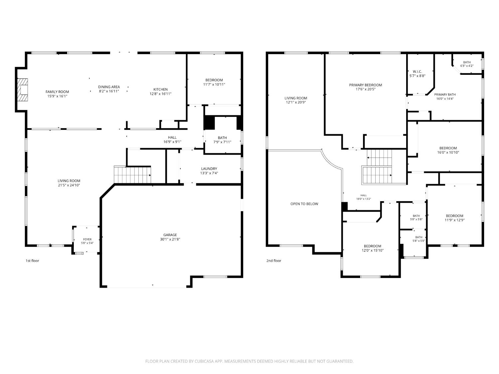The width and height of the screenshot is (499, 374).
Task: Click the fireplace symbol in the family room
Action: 23,90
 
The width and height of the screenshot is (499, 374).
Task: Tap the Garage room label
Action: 170,235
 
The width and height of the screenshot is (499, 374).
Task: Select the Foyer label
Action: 87,239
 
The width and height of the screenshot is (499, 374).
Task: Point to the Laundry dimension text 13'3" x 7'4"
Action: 209,173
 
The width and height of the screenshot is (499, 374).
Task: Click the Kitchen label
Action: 160,89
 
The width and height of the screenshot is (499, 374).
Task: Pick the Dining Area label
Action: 109,87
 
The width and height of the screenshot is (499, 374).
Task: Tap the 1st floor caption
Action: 32,261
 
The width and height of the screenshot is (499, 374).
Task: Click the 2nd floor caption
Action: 274,261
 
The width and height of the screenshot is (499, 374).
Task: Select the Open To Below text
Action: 304,204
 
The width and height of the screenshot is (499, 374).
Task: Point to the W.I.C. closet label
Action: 417,71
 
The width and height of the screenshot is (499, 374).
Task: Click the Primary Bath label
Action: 445,94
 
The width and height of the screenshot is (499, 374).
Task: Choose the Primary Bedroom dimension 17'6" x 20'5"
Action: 366,89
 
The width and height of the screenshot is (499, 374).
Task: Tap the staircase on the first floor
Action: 132,175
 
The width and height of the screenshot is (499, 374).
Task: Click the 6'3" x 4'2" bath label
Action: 467,66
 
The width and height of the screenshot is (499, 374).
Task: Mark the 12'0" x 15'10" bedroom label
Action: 372,250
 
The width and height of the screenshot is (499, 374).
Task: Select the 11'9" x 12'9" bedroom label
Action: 454,220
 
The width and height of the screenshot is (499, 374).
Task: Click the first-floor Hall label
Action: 172,137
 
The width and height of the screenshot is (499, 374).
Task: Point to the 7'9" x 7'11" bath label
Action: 222,142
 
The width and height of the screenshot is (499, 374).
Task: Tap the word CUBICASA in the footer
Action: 204,361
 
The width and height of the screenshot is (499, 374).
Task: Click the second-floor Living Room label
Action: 296,98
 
